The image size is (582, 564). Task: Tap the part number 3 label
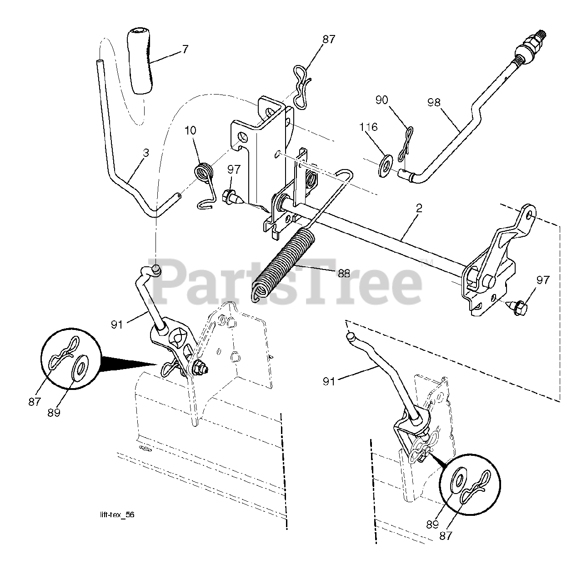145,153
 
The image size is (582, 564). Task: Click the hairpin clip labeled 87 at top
302,86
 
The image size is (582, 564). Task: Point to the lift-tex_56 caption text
117,515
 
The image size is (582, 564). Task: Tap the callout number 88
344,273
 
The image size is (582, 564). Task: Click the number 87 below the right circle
446,535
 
